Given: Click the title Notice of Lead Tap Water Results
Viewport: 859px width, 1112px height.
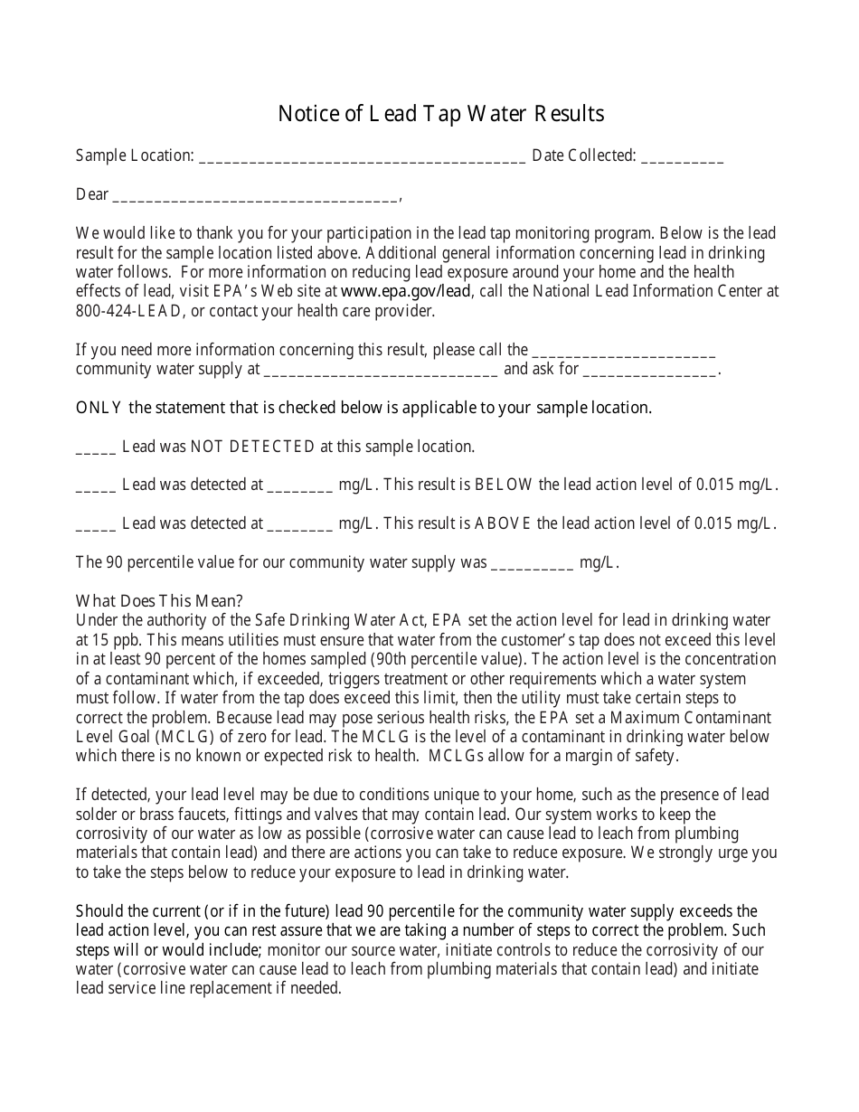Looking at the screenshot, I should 440,114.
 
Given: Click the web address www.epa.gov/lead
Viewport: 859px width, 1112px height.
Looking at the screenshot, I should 406,291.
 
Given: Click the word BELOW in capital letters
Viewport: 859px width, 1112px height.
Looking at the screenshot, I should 504,485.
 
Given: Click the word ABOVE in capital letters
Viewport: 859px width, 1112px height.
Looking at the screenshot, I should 503,523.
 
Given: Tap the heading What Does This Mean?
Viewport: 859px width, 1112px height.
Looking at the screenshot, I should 159,601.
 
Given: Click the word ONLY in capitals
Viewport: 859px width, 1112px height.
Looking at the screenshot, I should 99,408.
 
